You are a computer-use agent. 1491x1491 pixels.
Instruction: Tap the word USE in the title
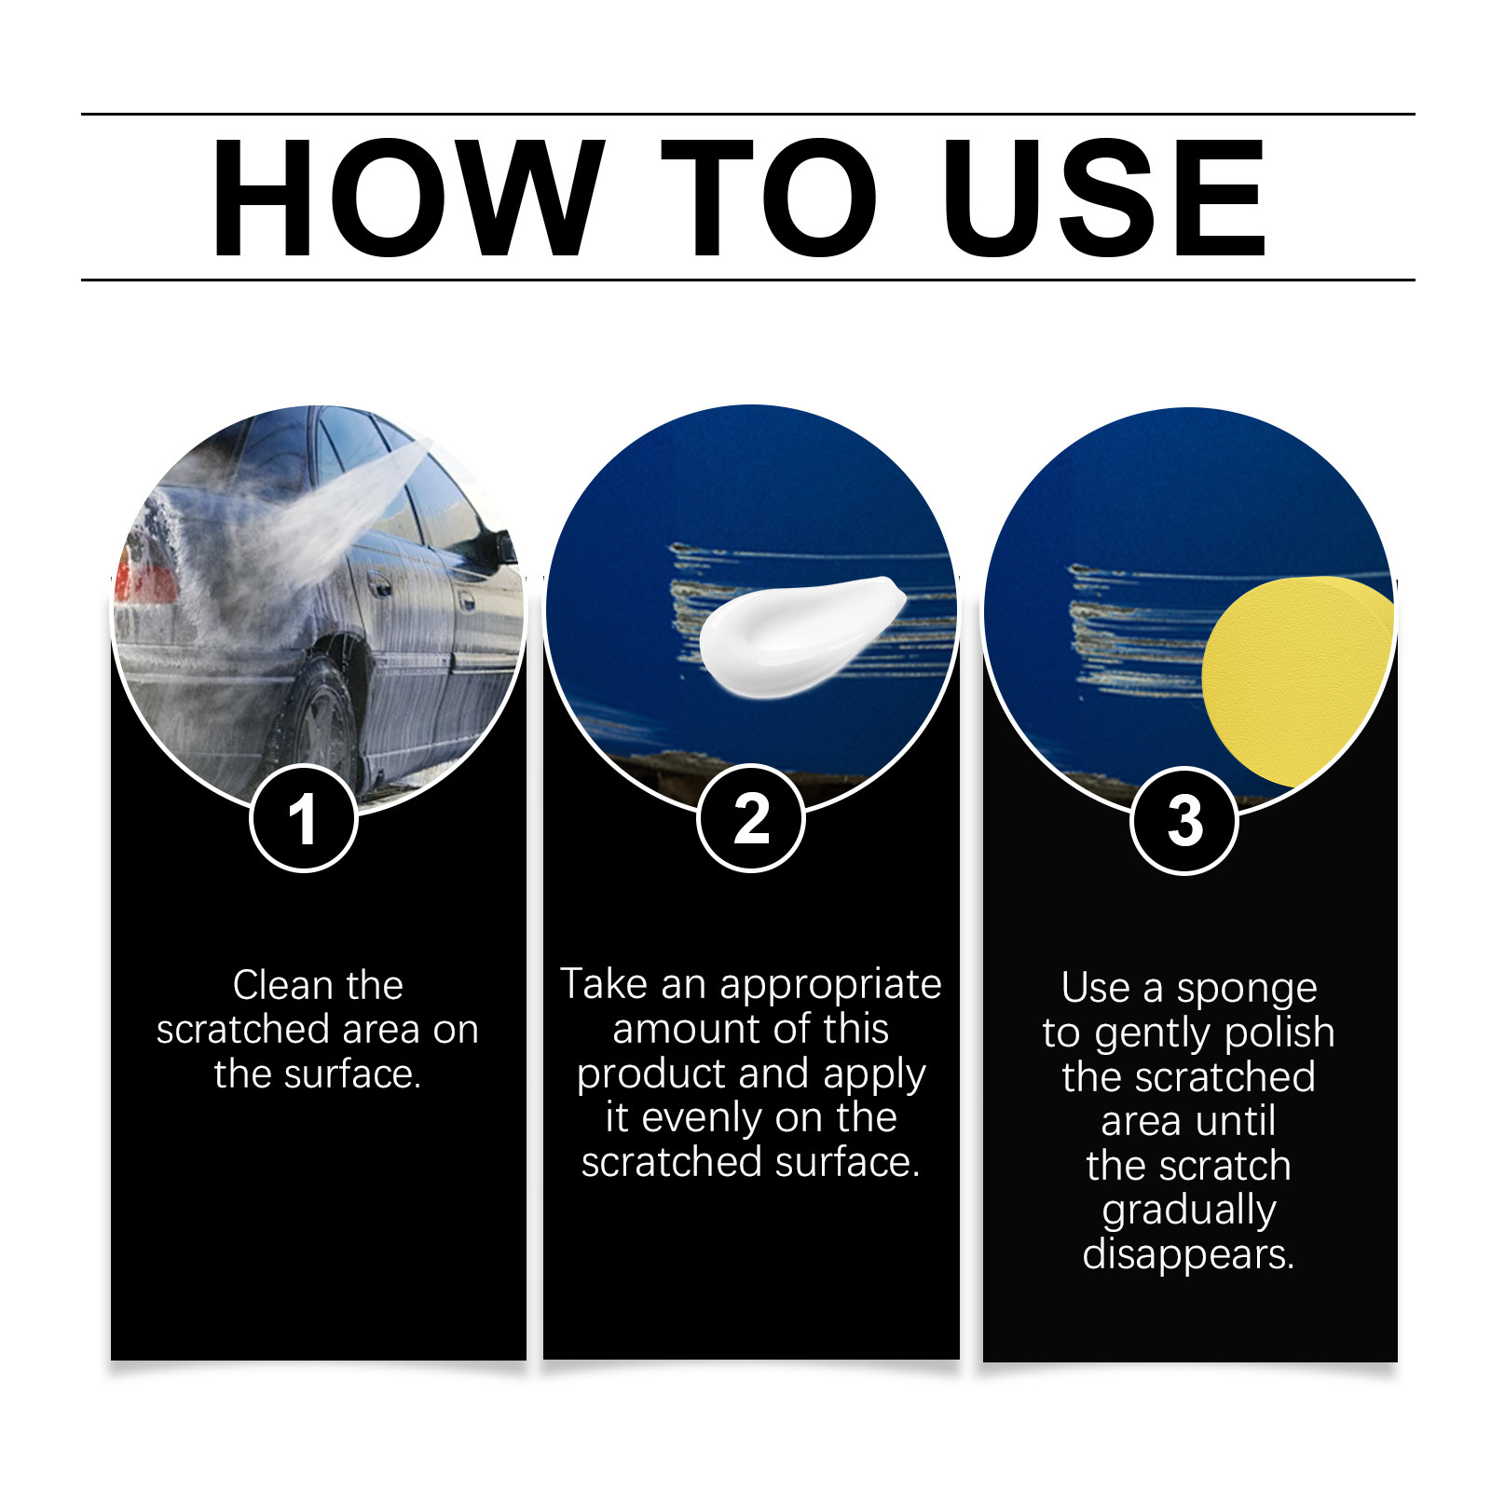[1104, 198]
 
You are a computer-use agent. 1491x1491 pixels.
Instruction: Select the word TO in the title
[769, 198]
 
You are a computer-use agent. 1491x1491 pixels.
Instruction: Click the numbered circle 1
[303, 818]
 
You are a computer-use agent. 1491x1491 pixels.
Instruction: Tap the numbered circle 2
[750, 818]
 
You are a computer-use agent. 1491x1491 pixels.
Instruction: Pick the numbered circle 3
[1184, 820]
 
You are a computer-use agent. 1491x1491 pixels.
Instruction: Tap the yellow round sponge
[1297, 680]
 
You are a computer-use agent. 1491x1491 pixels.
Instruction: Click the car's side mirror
[504, 547]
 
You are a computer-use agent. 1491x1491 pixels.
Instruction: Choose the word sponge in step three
[1247, 990]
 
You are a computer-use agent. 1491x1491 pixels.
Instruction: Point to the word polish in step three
[1279, 1033]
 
